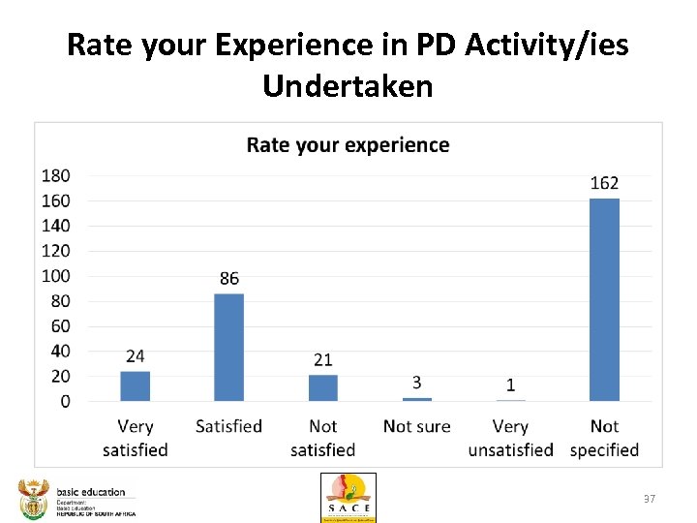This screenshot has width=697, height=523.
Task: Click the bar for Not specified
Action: point(604,299)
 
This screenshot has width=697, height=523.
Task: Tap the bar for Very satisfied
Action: point(136,385)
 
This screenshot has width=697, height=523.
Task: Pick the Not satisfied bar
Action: point(322,387)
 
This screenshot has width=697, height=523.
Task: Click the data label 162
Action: point(604,183)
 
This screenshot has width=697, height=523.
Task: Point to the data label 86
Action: point(228,278)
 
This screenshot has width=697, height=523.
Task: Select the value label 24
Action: point(136,356)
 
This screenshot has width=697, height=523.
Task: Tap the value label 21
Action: point(322,359)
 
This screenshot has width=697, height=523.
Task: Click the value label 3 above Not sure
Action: point(416,383)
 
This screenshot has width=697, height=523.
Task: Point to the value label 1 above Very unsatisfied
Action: point(510,385)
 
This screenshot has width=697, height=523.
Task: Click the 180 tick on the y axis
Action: point(56,175)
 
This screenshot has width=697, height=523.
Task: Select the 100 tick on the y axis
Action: point(56,276)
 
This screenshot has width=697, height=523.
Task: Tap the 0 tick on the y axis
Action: point(64,401)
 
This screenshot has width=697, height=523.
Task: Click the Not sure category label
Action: point(416,426)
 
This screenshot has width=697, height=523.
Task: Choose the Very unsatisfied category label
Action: point(510,438)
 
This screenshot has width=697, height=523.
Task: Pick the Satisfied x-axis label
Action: point(228,426)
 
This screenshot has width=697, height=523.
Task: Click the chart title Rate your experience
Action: point(348,145)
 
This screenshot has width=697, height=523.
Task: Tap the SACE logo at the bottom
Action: point(348,497)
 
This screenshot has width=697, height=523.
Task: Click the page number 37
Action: point(650,499)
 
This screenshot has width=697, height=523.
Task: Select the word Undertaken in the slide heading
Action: point(348,86)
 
